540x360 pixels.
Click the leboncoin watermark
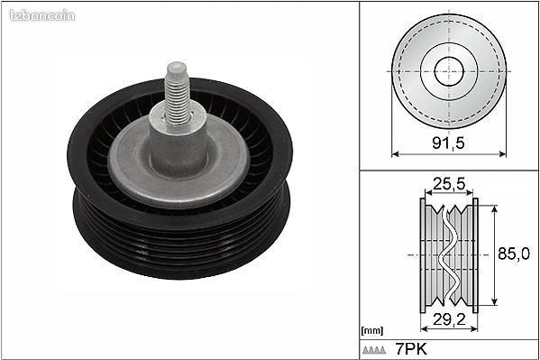click(x=42, y=15)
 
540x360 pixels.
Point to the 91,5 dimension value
click(x=448, y=143)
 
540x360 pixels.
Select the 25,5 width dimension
click(x=449, y=184)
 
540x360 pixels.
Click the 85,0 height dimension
click(x=514, y=254)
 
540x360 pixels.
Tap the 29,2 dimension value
click(x=449, y=319)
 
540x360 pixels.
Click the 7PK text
click(x=411, y=349)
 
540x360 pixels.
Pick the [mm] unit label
click(x=372, y=331)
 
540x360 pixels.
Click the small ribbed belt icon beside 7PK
click(x=374, y=350)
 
